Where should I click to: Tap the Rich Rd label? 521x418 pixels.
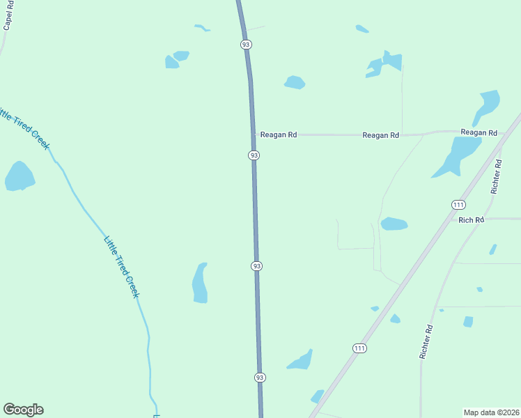click(x=471, y=220)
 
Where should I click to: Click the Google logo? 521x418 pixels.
click(x=23, y=410)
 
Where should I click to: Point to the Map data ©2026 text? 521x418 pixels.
click(x=491, y=412)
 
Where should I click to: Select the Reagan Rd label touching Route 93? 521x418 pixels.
click(x=279, y=135)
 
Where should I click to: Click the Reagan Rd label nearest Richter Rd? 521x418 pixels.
click(x=479, y=132)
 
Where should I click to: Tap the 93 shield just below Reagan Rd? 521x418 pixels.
click(x=254, y=155)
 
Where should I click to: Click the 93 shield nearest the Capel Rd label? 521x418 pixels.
click(x=246, y=45)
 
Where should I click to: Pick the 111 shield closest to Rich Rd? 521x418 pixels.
click(x=458, y=204)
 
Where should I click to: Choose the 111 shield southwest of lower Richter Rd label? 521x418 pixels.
click(x=359, y=348)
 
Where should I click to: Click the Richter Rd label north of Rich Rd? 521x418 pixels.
click(x=496, y=176)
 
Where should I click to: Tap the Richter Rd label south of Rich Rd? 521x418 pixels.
click(x=426, y=341)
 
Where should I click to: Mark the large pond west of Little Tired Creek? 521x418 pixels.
click(x=20, y=177)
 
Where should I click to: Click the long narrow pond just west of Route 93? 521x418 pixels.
click(x=200, y=283)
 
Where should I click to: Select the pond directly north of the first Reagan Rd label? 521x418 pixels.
click(x=295, y=82)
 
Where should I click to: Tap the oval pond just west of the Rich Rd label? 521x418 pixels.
click(x=394, y=224)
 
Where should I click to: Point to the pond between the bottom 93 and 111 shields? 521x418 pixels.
click(x=300, y=360)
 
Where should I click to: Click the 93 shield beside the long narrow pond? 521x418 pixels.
click(x=257, y=266)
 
